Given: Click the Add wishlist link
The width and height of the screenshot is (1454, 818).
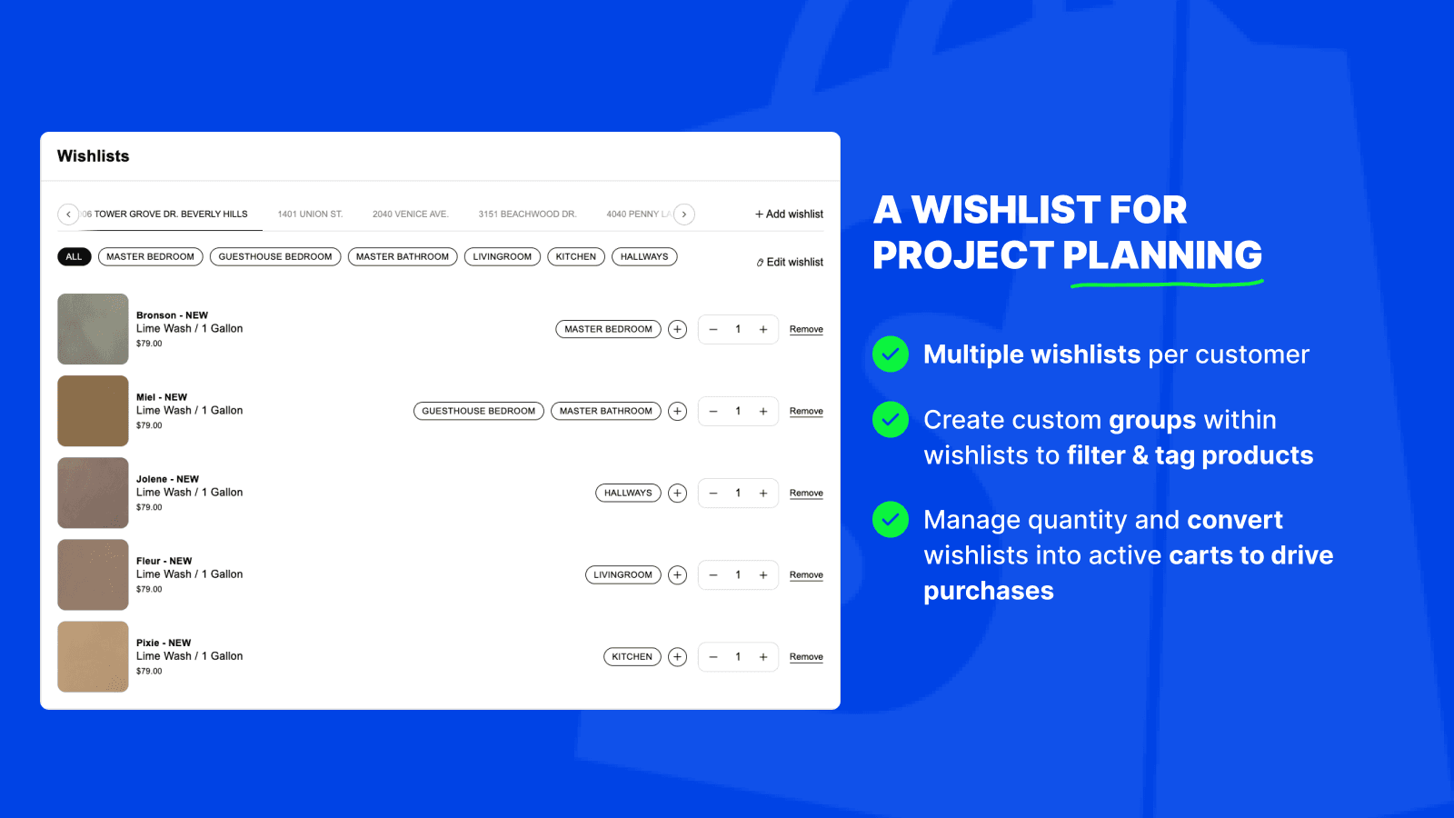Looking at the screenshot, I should point(789,214).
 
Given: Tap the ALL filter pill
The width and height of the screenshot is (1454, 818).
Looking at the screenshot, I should point(74,257).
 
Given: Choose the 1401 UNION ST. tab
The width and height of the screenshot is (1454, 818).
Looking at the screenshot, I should point(310,214).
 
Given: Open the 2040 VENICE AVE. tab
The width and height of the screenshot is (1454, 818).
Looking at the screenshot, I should point(410,214).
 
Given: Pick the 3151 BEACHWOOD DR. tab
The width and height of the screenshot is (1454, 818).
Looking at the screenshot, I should point(527,214).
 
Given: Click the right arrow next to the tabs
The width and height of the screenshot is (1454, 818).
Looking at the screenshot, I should point(684,214).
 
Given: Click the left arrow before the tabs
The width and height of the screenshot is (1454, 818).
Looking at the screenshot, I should point(68,214).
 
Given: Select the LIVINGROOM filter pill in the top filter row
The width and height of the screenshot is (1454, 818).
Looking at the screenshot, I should point(502,257).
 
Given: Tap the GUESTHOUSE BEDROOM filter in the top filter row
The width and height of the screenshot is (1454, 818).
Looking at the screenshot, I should point(274,257).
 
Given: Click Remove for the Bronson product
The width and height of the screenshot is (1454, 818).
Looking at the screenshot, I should point(806,330).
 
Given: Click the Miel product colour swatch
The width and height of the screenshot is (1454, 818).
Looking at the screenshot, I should point(93,411).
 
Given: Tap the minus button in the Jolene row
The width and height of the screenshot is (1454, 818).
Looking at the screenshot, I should point(713,494).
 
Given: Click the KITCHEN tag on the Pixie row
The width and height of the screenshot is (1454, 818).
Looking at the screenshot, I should point(632,657).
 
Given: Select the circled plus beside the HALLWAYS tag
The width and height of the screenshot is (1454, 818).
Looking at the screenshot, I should point(677,494).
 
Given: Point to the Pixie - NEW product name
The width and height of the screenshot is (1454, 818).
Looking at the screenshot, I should point(164,643).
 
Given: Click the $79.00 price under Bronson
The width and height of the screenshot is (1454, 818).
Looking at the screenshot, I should point(149,344).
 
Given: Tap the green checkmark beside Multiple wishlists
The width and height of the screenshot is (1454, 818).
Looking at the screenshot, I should point(891,354).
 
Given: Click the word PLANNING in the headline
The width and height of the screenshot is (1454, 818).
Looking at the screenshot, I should point(1162,255).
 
